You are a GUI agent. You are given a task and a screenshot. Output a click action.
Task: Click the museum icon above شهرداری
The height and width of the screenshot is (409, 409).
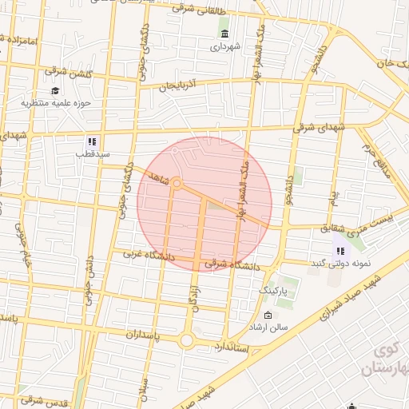224,34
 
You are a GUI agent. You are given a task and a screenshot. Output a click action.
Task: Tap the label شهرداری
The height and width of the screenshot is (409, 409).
224,47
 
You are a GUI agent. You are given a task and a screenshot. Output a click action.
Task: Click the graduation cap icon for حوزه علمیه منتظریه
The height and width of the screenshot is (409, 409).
54,90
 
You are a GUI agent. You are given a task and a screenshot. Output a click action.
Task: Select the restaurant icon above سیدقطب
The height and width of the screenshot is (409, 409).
93,141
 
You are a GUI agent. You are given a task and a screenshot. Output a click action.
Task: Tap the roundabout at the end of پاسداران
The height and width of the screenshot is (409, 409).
187,340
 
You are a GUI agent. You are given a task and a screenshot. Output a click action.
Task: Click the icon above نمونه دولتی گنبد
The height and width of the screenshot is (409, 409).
340,251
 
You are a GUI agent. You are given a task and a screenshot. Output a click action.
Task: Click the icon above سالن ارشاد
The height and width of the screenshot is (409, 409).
268,316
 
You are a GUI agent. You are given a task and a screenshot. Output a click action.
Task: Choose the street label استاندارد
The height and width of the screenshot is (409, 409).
232,348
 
